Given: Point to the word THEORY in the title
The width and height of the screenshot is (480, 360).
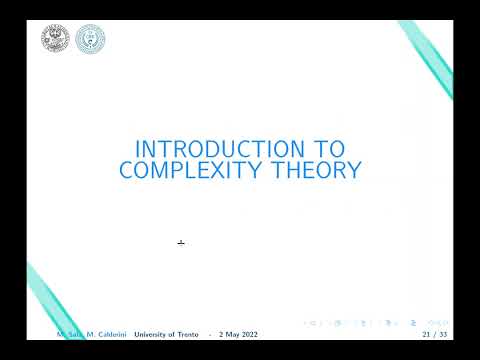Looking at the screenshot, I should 317,171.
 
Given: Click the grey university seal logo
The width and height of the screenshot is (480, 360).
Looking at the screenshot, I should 55,40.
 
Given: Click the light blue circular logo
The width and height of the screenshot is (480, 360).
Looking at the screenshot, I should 90,40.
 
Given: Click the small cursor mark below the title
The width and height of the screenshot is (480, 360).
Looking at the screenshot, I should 181,242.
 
